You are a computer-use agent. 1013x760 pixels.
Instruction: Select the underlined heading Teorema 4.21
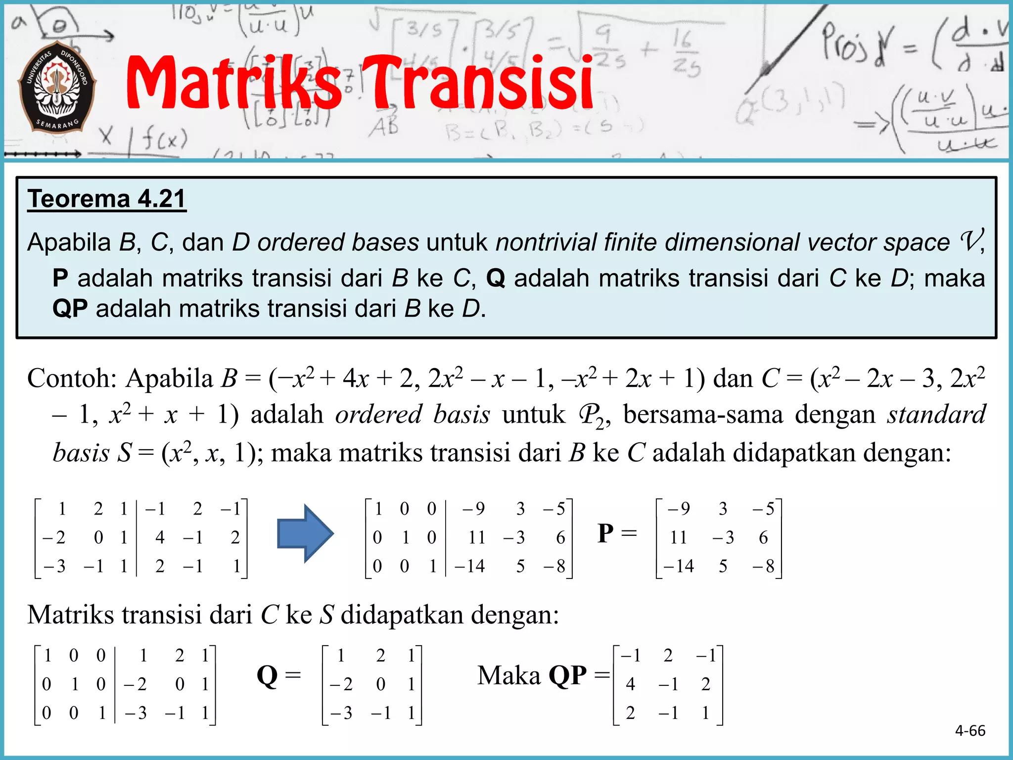pyautogui.click(x=106, y=199)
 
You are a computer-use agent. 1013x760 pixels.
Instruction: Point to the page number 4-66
pyautogui.click(x=970, y=730)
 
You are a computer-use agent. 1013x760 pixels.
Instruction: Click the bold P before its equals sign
pyautogui.click(x=606, y=534)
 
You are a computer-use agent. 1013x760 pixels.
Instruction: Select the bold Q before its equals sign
pyautogui.click(x=267, y=675)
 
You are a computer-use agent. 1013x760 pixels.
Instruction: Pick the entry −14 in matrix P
pyautogui.click(x=679, y=566)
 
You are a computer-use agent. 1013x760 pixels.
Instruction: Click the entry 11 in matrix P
pyautogui.click(x=679, y=537)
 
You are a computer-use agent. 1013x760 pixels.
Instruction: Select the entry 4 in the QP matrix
pyautogui.click(x=630, y=684)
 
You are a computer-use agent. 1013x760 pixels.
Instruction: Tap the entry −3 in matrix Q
pyautogui.click(x=341, y=713)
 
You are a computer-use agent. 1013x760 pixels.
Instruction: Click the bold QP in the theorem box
pyautogui.click(x=70, y=309)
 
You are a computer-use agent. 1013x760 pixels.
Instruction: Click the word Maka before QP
pyautogui.click(x=509, y=675)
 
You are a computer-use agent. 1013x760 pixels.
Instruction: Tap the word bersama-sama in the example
pyautogui.click(x=703, y=415)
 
